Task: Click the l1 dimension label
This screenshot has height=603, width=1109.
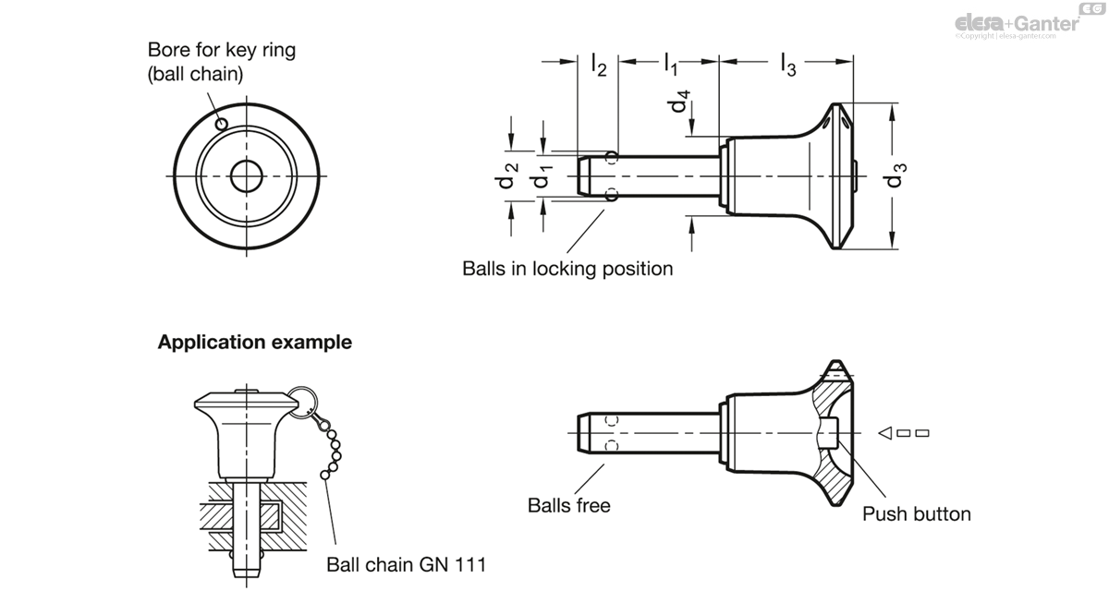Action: (x=670, y=65)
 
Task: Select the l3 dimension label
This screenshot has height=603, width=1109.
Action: (x=787, y=66)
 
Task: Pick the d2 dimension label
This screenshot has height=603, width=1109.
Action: (x=509, y=175)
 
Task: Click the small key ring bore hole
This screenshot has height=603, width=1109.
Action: (x=221, y=125)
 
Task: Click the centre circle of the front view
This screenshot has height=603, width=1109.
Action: (x=247, y=175)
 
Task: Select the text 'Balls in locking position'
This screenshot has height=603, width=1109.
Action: (x=567, y=269)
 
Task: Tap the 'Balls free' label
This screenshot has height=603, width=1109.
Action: (x=569, y=505)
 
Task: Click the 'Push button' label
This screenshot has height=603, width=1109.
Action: (x=917, y=513)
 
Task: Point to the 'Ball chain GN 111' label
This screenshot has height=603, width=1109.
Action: (x=406, y=563)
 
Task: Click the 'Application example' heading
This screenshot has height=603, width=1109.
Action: (x=255, y=342)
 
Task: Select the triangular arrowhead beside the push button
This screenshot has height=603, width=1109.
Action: (x=884, y=432)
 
